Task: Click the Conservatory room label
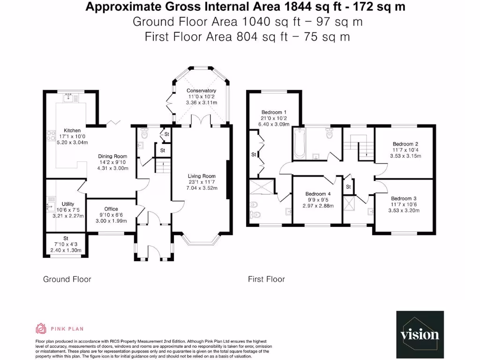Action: pyautogui.click(x=201, y=90)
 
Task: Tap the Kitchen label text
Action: pyautogui.click(x=73, y=130)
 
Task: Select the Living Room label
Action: pyautogui.click(x=201, y=176)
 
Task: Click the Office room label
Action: pyautogui.click(x=111, y=209)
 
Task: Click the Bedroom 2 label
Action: pyautogui.click(x=405, y=144)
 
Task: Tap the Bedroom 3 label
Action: pyautogui.click(x=404, y=198)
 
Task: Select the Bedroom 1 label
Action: pyautogui.click(x=274, y=112)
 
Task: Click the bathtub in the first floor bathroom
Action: pyautogui.click(x=299, y=144)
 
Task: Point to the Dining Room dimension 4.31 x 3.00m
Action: pyautogui.click(x=112, y=168)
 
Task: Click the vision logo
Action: pyautogui.click(x=420, y=334)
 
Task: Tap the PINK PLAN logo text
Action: pyautogui.click(x=67, y=329)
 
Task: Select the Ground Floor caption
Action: pyautogui.click(x=67, y=279)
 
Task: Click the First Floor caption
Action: pyautogui.click(x=266, y=279)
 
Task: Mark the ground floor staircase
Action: pyautogui.click(x=162, y=165)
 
